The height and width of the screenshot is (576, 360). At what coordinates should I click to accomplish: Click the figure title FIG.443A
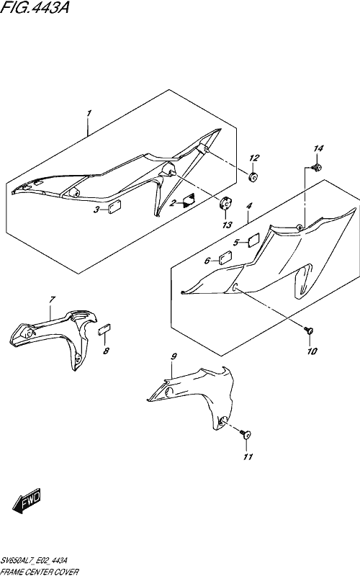click(x=35, y=7)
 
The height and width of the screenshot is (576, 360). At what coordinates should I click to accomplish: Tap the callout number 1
click(x=89, y=114)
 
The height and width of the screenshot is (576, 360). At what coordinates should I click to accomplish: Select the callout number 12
click(x=254, y=158)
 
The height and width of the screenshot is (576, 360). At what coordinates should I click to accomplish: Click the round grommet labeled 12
click(x=253, y=177)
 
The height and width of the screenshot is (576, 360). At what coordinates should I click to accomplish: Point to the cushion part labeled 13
click(x=225, y=203)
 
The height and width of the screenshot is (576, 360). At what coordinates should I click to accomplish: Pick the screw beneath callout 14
click(x=315, y=168)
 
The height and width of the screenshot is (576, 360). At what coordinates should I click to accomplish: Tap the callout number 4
click(x=249, y=206)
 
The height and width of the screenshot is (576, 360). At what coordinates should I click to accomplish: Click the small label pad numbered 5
click(x=253, y=240)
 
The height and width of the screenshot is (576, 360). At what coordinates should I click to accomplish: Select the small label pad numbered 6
click(x=225, y=258)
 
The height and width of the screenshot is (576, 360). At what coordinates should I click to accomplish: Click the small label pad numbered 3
click(x=116, y=207)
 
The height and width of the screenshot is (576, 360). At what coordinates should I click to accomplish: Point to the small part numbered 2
click(x=189, y=200)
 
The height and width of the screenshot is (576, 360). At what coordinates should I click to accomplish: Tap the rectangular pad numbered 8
click(x=104, y=329)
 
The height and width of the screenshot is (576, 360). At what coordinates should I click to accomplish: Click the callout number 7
click(x=52, y=300)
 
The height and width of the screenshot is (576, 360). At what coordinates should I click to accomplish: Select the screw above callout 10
click(x=309, y=330)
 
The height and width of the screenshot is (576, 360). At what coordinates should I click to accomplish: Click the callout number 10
click(x=312, y=351)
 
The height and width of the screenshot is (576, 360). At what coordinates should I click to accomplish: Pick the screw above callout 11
click(x=246, y=435)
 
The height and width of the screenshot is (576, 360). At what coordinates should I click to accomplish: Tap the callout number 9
click(x=174, y=356)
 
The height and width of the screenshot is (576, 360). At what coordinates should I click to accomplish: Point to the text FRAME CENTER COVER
click(x=40, y=572)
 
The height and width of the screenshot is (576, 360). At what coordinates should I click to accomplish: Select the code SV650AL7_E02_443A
click(x=34, y=560)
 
